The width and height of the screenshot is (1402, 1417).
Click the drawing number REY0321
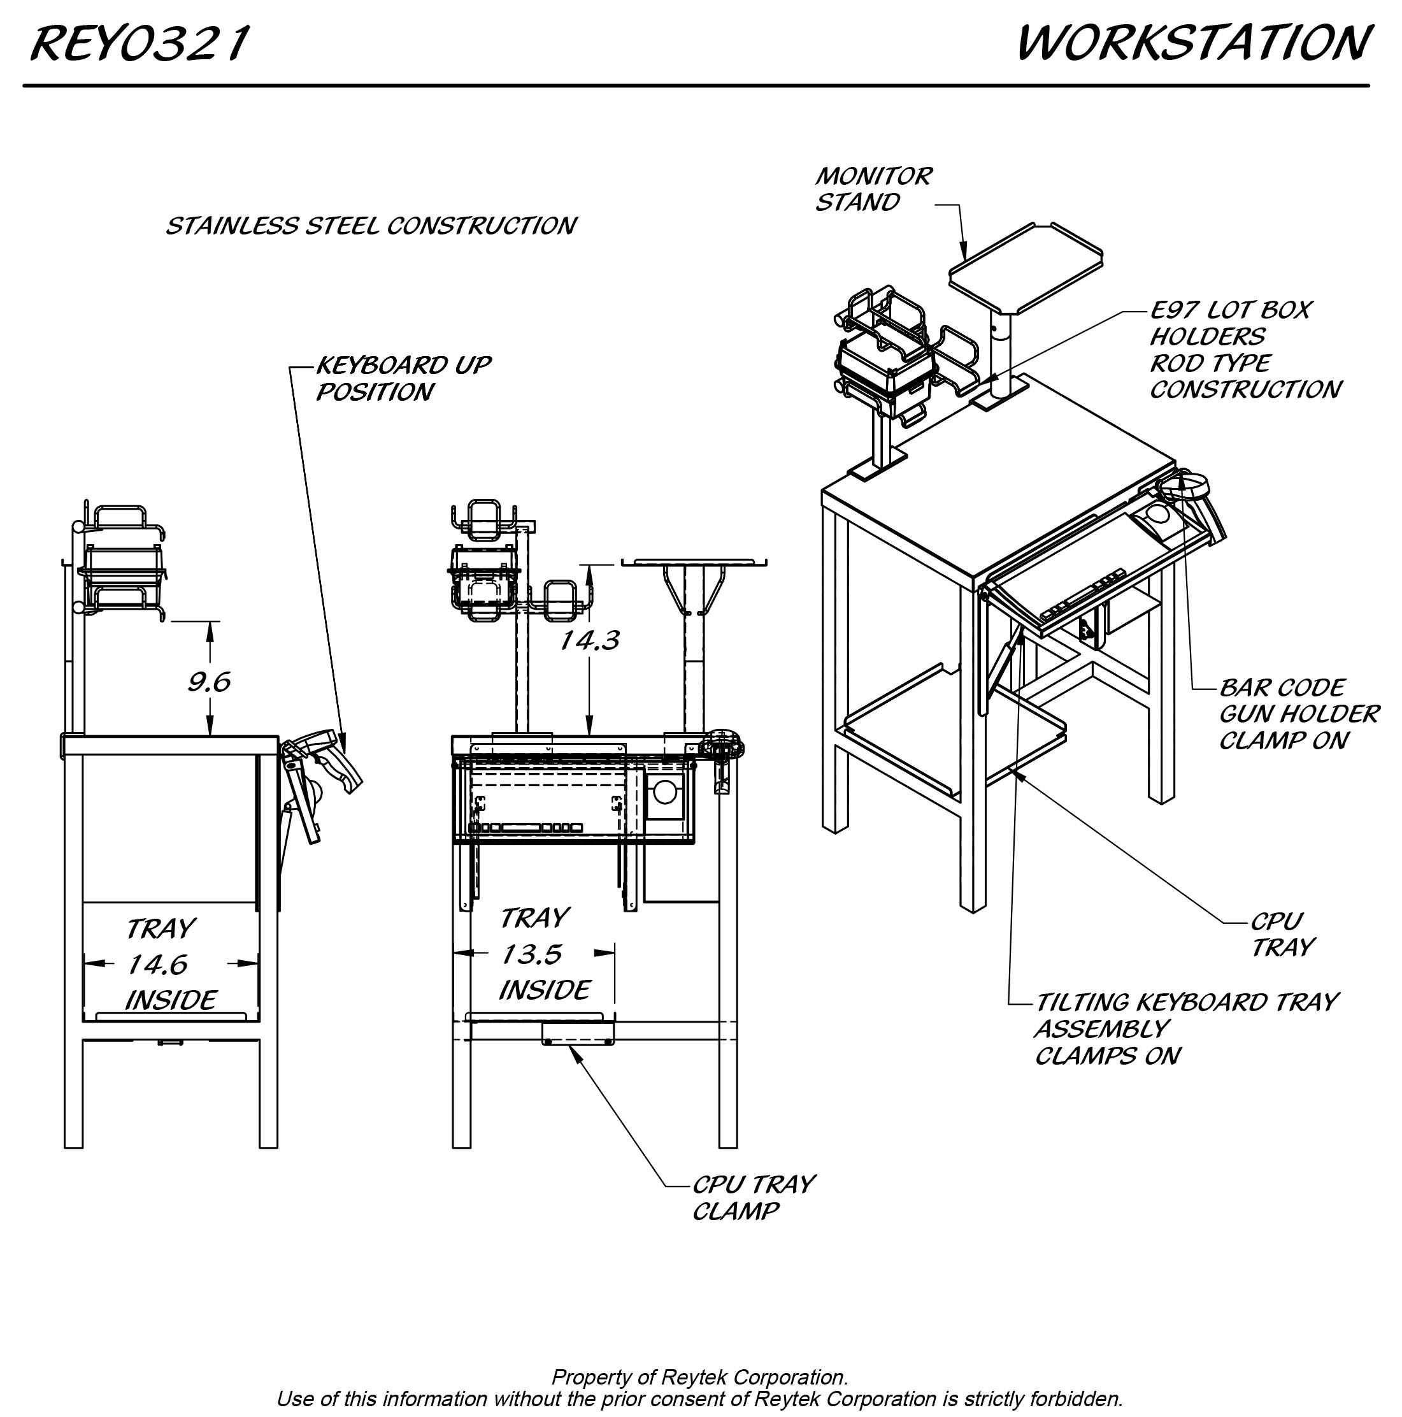[140, 44]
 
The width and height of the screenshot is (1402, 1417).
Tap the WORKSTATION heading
[1193, 43]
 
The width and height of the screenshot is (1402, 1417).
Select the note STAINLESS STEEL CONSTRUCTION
[371, 226]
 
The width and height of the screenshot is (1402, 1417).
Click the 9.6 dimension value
[209, 683]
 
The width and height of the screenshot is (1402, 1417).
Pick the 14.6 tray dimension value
[157, 965]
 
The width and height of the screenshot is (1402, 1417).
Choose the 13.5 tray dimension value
[532, 954]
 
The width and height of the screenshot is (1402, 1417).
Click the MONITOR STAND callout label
[873, 189]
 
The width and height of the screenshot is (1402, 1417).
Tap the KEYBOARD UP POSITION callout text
[403, 378]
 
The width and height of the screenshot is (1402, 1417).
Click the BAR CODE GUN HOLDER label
[1299, 714]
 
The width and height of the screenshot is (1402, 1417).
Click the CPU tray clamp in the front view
[578, 1034]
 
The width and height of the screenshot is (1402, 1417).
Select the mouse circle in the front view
[664, 791]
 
